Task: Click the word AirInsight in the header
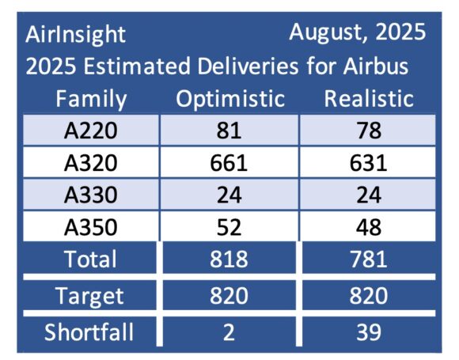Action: (x=76, y=35)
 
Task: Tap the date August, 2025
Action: (x=357, y=32)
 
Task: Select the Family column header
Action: (x=92, y=99)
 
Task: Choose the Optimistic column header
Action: (x=229, y=99)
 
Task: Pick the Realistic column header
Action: (x=370, y=99)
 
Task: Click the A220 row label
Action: (x=92, y=131)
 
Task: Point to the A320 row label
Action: (x=92, y=163)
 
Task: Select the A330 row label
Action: (x=92, y=195)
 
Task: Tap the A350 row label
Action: (x=92, y=228)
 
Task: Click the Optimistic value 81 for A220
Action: (x=229, y=131)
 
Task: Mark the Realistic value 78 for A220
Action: (x=370, y=131)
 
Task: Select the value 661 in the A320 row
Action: (x=229, y=163)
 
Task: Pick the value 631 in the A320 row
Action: (x=370, y=163)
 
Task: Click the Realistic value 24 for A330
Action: (x=370, y=195)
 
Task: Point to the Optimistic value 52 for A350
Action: (x=229, y=228)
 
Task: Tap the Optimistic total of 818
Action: (x=229, y=260)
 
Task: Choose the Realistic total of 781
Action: (x=370, y=260)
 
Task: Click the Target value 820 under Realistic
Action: (x=370, y=296)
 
